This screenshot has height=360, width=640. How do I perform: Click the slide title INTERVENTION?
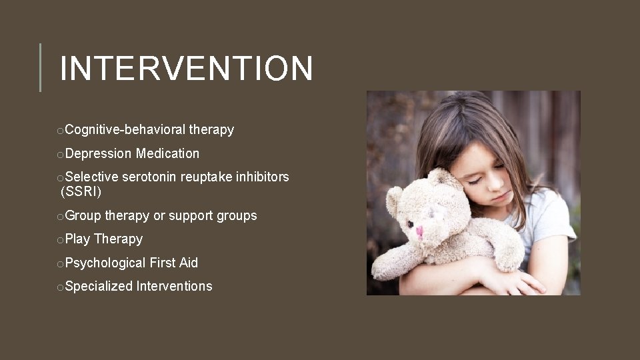click(x=186, y=69)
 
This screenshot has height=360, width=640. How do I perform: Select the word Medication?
click(x=167, y=154)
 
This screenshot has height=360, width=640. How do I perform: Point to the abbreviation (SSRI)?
click(x=81, y=193)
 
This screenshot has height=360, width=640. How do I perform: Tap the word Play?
click(x=78, y=239)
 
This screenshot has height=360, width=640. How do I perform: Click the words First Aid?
click(x=173, y=263)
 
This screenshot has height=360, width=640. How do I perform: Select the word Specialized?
click(x=99, y=287)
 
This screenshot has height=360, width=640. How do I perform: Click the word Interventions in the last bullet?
click(x=174, y=287)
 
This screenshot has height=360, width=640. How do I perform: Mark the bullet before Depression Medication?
click(x=61, y=155)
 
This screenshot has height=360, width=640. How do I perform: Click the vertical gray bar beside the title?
click(x=40, y=67)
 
